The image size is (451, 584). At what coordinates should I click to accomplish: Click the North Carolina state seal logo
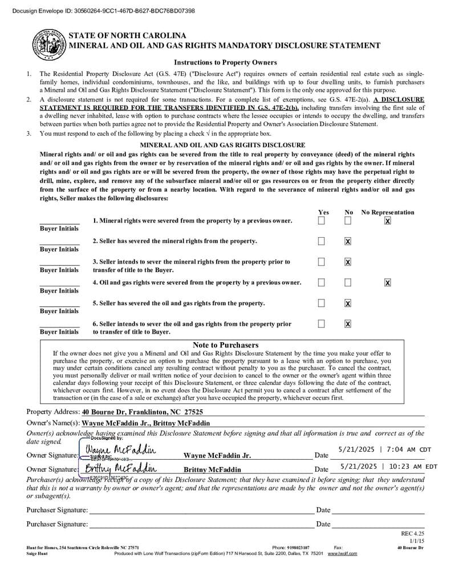pyautogui.click(x=50, y=43)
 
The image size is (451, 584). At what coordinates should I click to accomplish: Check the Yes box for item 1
pyautogui.click(x=322, y=221)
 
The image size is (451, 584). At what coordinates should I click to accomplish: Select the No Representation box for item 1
pyautogui.click(x=388, y=221)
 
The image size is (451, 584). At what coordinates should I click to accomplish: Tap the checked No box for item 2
pyautogui.click(x=348, y=241)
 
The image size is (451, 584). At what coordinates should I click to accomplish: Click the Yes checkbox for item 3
pyautogui.click(x=322, y=262)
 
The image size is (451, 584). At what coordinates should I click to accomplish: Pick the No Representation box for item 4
pyautogui.click(x=388, y=282)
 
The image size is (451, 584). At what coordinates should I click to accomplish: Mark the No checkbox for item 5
pyautogui.click(x=348, y=303)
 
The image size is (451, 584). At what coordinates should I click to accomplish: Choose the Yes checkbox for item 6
pyautogui.click(x=322, y=323)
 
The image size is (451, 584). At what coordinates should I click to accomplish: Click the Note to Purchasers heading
pyautogui.click(x=225, y=345)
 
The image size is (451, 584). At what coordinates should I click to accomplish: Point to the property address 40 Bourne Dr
pyautogui.click(x=142, y=412)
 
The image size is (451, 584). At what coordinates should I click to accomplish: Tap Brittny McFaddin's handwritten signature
pyautogui.click(x=120, y=468)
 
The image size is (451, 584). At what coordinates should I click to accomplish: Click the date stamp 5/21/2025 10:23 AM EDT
pyautogui.click(x=388, y=467)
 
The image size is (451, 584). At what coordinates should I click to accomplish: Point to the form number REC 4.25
pyautogui.click(x=413, y=534)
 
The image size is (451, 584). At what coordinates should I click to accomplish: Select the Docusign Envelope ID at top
pyautogui.click(x=103, y=11)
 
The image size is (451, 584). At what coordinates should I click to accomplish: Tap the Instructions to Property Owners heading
pyautogui.click(x=225, y=63)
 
